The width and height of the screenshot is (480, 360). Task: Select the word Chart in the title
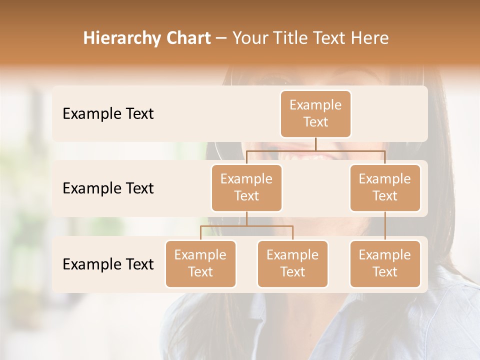click(186, 38)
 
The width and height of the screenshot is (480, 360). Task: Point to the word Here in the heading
click(370, 38)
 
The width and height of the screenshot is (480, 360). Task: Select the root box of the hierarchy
click(315, 113)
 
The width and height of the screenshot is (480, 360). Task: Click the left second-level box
click(246, 187)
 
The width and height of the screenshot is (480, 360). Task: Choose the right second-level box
click(385, 187)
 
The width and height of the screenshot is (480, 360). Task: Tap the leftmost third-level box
click(200, 263)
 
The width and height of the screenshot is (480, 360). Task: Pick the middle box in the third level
click(292, 263)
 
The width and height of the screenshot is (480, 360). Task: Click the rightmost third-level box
click(385, 263)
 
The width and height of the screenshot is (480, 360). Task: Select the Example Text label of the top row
click(108, 114)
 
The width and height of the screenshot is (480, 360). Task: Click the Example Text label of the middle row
click(108, 188)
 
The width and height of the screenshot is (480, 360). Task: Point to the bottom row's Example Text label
click(108, 264)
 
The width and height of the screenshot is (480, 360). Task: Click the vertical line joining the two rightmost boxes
click(385, 226)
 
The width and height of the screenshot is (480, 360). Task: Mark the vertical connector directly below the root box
click(315, 144)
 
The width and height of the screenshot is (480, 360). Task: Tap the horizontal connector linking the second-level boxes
click(315, 150)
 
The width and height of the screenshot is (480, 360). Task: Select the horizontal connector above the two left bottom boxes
click(246, 226)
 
